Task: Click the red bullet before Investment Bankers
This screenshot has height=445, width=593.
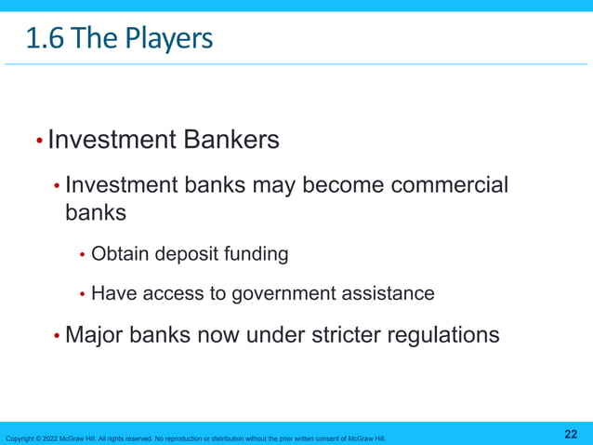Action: (x=38, y=142)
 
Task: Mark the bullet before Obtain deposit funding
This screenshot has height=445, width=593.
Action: (x=82, y=254)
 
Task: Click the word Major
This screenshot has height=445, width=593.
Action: (x=92, y=334)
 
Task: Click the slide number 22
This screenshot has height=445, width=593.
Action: (x=571, y=435)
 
